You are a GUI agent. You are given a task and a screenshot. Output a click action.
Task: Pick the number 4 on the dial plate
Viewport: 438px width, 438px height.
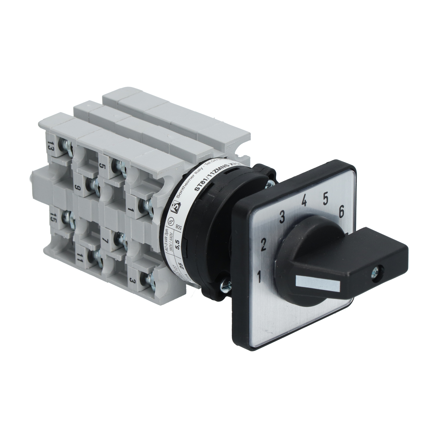pyautogui.click(x=304, y=200)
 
